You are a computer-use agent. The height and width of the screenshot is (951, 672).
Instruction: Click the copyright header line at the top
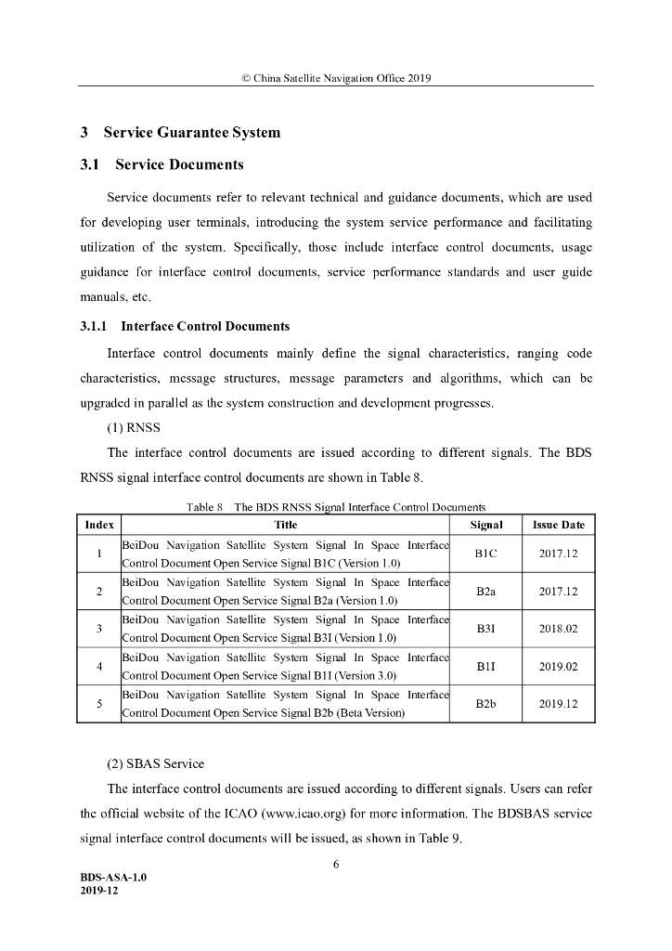[x=335, y=77]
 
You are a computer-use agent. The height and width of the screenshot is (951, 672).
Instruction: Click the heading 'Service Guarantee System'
[x=191, y=132]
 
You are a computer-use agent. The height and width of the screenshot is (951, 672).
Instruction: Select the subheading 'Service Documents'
[x=179, y=165]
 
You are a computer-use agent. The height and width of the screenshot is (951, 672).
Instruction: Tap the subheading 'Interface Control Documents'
[x=205, y=326]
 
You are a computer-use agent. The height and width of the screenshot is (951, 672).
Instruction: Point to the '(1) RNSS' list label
[x=135, y=429]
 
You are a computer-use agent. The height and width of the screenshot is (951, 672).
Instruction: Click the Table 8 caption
[x=336, y=507]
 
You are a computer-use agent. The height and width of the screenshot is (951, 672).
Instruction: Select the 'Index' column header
[x=99, y=525]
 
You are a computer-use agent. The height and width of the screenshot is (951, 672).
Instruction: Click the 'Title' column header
[x=286, y=525]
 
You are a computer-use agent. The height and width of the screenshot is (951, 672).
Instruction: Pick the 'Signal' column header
[x=486, y=525]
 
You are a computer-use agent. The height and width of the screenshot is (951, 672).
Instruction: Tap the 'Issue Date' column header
[x=559, y=525]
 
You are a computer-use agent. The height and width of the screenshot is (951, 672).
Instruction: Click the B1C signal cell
[x=486, y=554]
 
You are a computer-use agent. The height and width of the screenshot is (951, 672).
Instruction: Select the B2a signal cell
[x=486, y=591]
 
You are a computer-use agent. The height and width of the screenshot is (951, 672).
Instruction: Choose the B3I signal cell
[x=486, y=629]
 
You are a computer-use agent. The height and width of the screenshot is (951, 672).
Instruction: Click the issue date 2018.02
[x=559, y=629]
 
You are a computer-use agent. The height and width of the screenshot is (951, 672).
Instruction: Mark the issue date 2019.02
[x=559, y=666]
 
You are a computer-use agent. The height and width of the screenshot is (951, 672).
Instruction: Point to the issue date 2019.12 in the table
[x=559, y=704]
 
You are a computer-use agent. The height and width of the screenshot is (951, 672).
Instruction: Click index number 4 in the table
[x=99, y=666]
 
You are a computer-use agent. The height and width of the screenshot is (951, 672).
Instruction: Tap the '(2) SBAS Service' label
[x=156, y=763]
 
